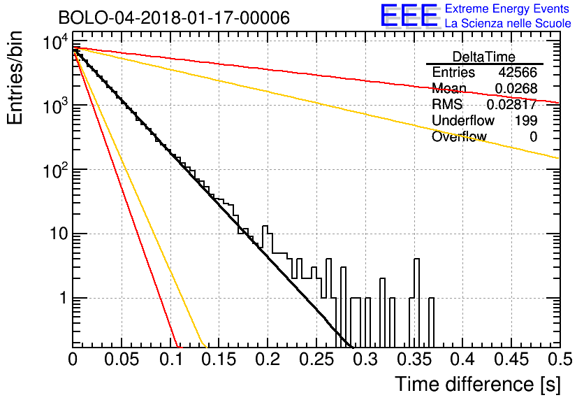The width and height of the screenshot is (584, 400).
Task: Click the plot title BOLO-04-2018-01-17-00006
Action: tap(174, 17)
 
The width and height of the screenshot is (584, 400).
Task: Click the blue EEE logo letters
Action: tap(409, 16)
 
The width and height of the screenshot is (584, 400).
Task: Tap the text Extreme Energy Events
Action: tap(507, 8)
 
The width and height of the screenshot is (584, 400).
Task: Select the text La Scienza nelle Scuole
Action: tap(508, 23)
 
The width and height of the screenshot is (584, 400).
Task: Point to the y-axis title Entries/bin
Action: tap(15, 78)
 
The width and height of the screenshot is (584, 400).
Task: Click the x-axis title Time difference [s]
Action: tap(478, 384)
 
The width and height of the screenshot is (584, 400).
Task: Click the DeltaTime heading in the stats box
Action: tap(484, 57)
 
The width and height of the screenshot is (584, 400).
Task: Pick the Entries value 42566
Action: tap(518, 72)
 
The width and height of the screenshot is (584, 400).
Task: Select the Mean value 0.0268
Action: tap(516, 88)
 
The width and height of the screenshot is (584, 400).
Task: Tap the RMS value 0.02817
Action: tap(512, 104)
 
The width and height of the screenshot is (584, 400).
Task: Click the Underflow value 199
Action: tap(526, 120)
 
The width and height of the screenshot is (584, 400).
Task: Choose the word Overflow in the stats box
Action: tap(459, 136)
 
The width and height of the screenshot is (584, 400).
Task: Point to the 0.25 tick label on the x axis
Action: tap(317, 359)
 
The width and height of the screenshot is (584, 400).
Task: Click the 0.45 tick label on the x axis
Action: tap(511, 359)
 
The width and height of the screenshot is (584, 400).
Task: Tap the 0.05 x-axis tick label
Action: tap(122, 359)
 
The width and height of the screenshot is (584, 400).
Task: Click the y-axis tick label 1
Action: tap(64, 298)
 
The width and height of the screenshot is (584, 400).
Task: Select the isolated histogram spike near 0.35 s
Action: tap(417, 278)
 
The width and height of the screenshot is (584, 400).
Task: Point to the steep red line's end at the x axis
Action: tap(178, 347)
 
